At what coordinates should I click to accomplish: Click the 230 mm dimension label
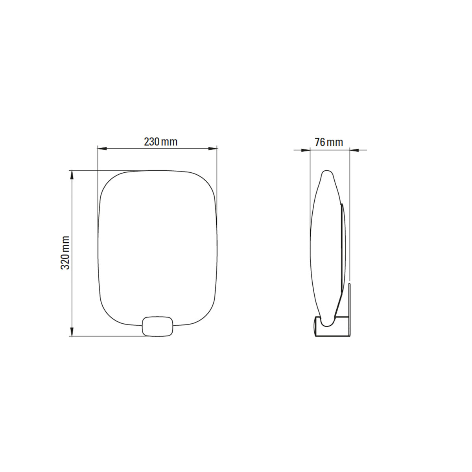tap(160, 142)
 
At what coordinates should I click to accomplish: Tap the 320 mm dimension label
tap(65, 253)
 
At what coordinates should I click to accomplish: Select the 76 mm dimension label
tap(329, 142)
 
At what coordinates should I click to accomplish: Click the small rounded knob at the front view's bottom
tap(158, 326)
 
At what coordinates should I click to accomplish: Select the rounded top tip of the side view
tap(327, 173)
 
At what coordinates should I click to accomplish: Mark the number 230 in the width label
tap(151, 142)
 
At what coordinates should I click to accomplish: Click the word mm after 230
tap(170, 142)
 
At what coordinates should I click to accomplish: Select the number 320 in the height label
tap(65, 260)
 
